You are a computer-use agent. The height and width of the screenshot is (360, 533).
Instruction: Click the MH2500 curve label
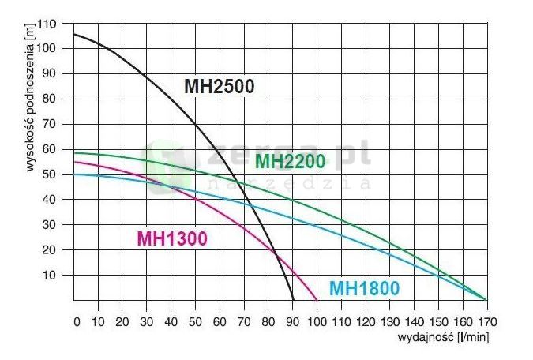tap(220, 87)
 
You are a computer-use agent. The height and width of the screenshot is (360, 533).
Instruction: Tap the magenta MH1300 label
tap(172, 238)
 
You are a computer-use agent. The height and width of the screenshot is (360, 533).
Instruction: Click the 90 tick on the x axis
tap(292, 322)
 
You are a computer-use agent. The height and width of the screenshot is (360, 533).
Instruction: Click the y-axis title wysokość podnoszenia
tap(28, 89)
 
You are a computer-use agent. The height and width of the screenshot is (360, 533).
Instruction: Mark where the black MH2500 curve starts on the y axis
tap(74, 34)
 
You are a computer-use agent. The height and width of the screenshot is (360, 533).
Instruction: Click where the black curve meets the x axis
tap(293, 300)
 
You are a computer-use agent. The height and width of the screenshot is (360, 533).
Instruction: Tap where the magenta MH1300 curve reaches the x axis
tap(317, 300)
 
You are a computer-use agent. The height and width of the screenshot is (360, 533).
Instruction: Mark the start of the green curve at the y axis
tap(74, 153)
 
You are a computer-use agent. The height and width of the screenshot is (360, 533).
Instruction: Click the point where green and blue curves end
tap(486, 300)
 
